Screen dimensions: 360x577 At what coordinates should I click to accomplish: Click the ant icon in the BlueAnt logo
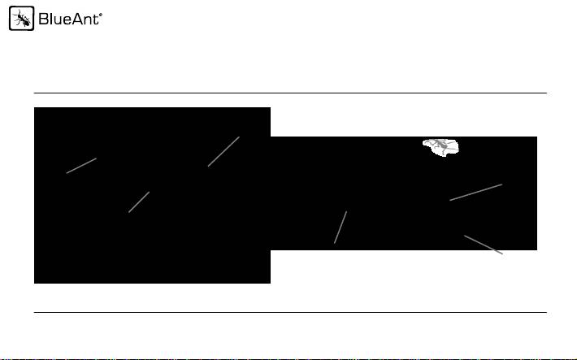[20, 20]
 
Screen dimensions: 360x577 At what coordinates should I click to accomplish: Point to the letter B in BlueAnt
[43, 20]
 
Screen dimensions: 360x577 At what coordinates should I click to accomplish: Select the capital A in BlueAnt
[77, 20]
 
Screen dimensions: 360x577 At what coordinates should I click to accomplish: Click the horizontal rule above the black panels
[289, 93]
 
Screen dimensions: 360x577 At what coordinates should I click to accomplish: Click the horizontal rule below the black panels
[289, 312]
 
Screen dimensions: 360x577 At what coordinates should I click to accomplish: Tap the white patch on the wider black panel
[442, 147]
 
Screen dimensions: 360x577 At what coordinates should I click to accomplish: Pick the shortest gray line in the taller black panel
[139, 202]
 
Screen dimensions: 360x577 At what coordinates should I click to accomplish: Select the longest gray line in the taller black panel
[223, 151]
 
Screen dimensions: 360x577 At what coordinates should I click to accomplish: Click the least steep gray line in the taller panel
[81, 166]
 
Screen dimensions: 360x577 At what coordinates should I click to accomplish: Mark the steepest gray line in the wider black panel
[341, 227]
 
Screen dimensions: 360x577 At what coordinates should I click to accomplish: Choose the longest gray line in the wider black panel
[476, 192]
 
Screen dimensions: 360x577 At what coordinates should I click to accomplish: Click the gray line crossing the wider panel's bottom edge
[484, 245]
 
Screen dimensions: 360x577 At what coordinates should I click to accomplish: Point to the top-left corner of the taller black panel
[34, 108]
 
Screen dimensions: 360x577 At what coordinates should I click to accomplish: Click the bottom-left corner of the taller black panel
[34, 283]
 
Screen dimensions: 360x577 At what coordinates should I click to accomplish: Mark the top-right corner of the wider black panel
[536, 137]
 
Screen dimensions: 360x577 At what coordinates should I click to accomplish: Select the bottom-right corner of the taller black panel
[269, 283]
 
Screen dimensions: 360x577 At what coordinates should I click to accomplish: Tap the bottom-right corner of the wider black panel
[536, 249]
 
